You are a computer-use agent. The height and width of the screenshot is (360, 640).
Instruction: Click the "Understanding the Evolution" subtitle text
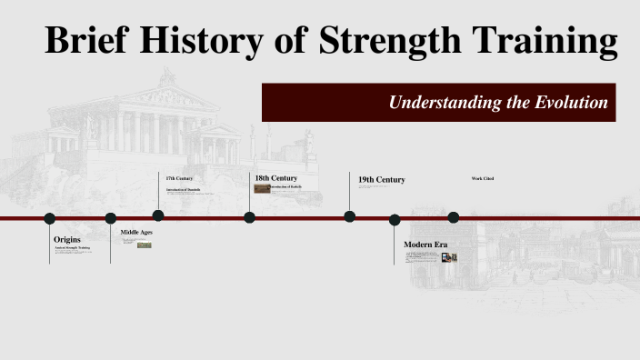point(498,103)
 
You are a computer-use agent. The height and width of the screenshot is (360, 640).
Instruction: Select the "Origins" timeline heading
point(67,239)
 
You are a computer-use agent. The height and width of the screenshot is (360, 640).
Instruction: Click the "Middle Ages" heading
point(136,233)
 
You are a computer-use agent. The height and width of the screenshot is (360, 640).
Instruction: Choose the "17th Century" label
point(179,178)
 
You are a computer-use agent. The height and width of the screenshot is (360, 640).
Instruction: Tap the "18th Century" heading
point(275,178)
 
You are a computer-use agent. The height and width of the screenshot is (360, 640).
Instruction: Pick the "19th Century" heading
point(381,180)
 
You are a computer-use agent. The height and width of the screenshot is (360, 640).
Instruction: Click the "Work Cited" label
point(483,178)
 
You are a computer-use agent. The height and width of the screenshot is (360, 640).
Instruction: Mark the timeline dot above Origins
point(50,218)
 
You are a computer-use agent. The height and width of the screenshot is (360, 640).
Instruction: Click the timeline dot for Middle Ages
point(111,218)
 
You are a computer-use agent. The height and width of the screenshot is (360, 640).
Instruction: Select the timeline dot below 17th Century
point(158,215)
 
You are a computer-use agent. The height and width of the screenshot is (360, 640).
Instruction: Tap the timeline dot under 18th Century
point(250,216)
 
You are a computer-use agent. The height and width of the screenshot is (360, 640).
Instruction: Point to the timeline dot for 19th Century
point(350,216)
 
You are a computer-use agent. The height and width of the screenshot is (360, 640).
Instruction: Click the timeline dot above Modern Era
point(395,219)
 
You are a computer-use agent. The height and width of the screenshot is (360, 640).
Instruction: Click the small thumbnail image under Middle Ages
point(144,245)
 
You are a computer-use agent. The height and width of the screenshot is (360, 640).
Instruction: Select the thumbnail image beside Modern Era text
point(449,257)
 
